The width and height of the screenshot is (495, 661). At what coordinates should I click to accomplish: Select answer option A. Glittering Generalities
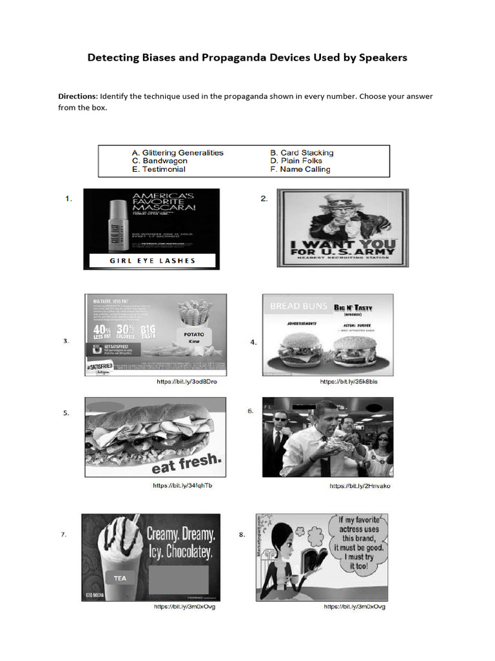177,153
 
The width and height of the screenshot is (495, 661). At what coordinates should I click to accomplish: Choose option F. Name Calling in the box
300,169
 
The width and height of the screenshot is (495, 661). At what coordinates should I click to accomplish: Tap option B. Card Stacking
302,153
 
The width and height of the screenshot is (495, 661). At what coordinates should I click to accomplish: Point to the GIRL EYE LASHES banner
153,261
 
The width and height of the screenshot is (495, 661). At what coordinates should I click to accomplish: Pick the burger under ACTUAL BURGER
354,350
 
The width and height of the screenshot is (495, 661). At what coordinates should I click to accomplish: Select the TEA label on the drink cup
120,578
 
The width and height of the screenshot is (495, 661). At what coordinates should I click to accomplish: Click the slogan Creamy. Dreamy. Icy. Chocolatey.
180,543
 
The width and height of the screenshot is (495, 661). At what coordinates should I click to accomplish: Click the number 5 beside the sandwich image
66,413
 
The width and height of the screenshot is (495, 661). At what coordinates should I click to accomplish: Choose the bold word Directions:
78,96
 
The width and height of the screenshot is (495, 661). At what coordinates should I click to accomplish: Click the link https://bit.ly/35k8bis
349,381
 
